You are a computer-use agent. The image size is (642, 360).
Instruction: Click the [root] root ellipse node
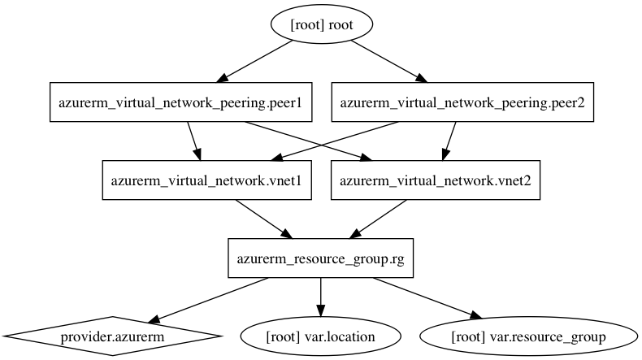pyautogui.click(x=322, y=24)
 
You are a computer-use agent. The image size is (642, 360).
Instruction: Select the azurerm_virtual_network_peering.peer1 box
pyautogui.click(x=180, y=102)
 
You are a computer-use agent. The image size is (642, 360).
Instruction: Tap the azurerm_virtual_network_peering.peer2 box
pyautogui.click(x=462, y=102)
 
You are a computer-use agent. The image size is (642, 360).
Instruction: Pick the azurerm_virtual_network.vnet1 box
pyautogui.click(x=206, y=180)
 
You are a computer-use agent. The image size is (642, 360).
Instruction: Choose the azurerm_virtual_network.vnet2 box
pyautogui.click(x=436, y=180)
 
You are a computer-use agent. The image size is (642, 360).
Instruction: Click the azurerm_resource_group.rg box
pyautogui.click(x=320, y=258)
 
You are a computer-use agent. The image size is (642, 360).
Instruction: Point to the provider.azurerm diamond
pyautogui.click(x=112, y=336)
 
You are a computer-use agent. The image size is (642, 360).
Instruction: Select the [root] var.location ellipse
pyautogui.click(x=320, y=336)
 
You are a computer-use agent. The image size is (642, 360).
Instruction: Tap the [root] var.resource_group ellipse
pyautogui.click(x=528, y=336)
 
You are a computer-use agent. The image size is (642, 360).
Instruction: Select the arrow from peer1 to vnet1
pyautogui.click(x=194, y=141)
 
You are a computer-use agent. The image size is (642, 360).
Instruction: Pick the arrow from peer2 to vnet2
pyautogui.click(x=449, y=141)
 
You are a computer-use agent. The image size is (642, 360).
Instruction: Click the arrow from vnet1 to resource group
pyautogui.click(x=264, y=219)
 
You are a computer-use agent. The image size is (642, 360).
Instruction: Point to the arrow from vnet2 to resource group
pyautogui.click(x=378, y=219)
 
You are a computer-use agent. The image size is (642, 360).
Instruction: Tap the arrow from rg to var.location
pyautogui.click(x=320, y=297)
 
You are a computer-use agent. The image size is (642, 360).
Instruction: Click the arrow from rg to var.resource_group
pyautogui.click(x=427, y=298)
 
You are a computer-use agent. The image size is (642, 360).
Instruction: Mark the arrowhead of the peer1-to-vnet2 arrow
pyautogui.click(x=367, y=158)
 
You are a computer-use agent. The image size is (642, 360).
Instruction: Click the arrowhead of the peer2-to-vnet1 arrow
pyautogui.click(x=276, y=158)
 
